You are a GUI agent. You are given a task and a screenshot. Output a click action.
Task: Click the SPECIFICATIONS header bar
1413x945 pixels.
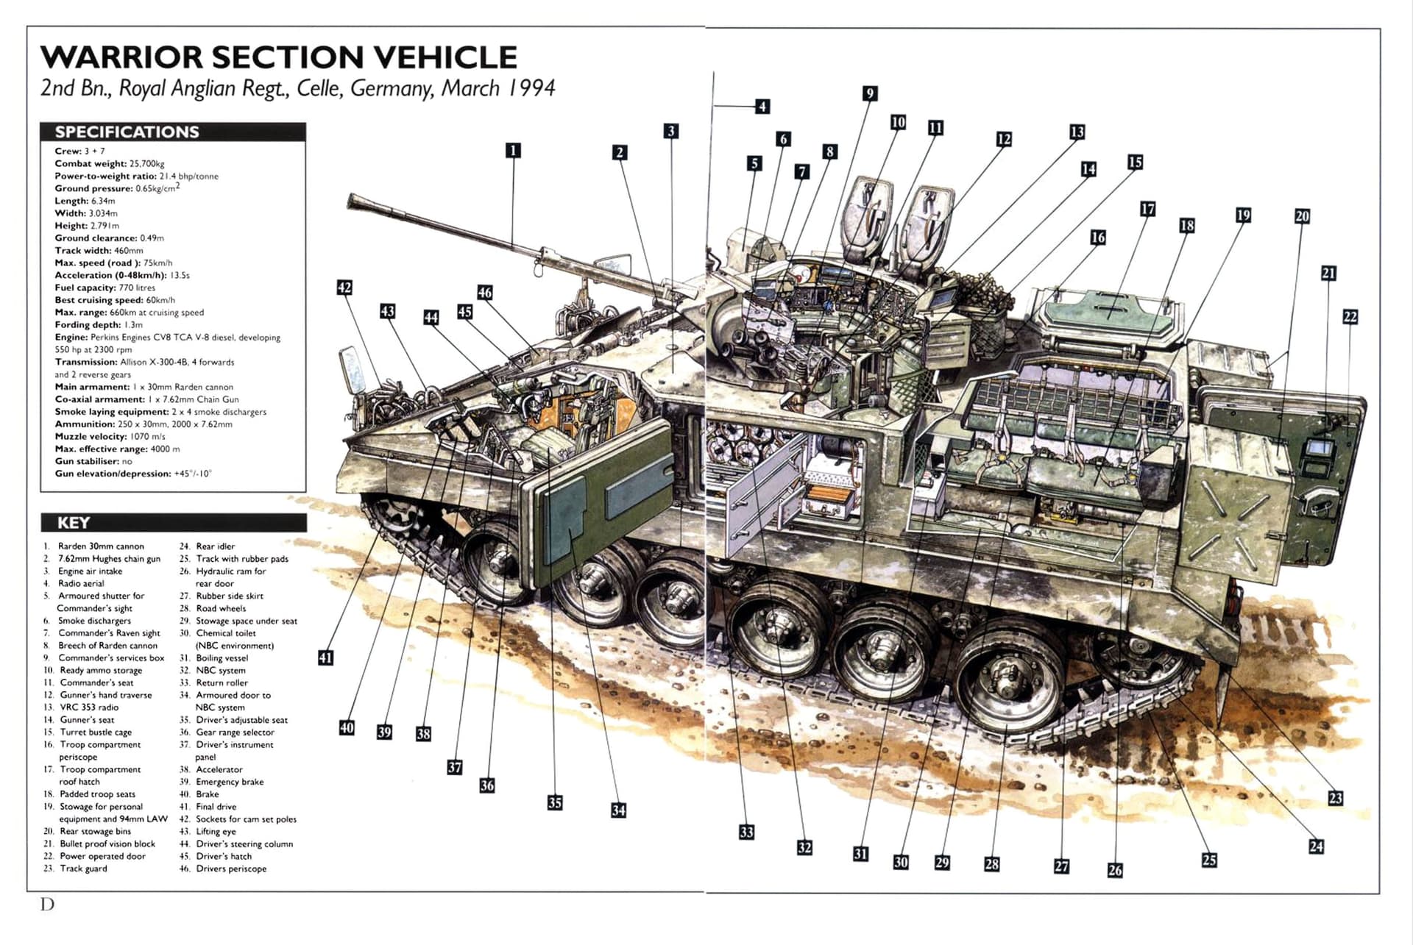coord(173,132)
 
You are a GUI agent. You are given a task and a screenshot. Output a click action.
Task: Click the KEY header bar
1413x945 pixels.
coord(173,523)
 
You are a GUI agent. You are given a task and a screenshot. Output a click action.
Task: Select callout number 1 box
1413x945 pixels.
coord(513,151)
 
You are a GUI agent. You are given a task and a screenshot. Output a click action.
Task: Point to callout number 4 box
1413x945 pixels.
coord(762,107)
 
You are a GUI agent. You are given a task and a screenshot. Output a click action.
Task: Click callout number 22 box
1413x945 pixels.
coord(1350,317)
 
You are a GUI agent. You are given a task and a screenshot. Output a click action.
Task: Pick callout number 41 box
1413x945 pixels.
coord(325,657)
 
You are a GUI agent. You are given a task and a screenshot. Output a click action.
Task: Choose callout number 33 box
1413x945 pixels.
coord(746,832)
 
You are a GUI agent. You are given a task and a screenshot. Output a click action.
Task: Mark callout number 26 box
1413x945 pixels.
coord(1115,870)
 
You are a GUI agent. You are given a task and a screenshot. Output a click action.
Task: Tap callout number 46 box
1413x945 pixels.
coord(484,293)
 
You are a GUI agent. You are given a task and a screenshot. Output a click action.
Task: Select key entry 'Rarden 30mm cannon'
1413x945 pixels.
coord(100,546)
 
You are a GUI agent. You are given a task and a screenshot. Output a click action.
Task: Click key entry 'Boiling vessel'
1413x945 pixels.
coord(222,658)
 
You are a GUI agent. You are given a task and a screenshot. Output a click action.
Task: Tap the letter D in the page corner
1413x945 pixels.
coord(47,904)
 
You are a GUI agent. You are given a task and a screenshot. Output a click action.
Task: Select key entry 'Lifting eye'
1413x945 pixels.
coord(216,831)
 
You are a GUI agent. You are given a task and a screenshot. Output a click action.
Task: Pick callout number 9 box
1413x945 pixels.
coord(870,93)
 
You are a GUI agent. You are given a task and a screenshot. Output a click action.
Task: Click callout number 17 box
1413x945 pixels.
coord(1147,210)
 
